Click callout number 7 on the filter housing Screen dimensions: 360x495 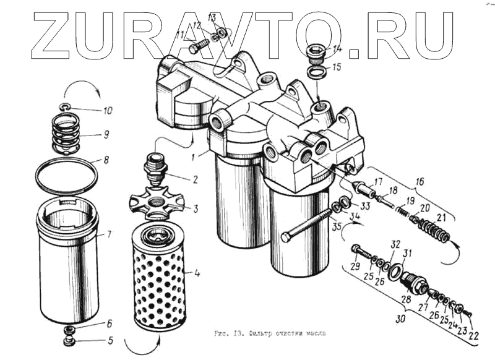pyautogui.click(x=108, y=234)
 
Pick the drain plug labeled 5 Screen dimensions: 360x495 pyautogui.click(x=69, y=339)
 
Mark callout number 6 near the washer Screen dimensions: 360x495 pyautogui.click(x=108, y=324)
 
